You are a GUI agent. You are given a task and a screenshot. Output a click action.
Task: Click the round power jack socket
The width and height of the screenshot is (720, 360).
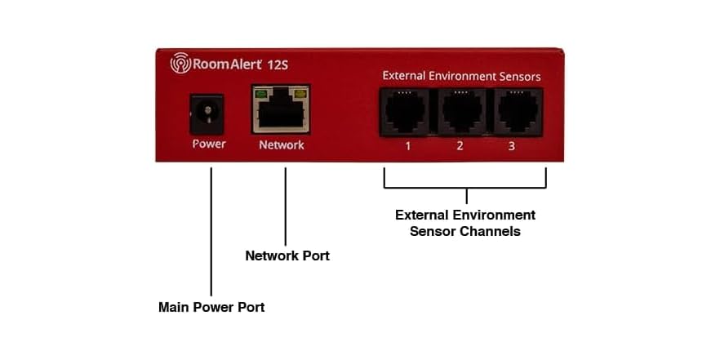[x=207, y=113]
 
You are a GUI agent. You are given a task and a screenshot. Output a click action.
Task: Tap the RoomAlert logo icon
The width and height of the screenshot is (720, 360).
[x=180, y=63]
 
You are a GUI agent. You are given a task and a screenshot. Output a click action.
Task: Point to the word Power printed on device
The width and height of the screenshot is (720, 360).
[x=208, y=144]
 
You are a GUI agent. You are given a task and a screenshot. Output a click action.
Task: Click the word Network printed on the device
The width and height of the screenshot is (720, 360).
[x=281, y=145]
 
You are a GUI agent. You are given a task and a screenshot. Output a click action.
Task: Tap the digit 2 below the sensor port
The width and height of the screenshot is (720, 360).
[x=460, y=147]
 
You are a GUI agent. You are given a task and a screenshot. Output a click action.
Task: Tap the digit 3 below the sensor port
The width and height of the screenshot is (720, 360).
[x=512, y=147]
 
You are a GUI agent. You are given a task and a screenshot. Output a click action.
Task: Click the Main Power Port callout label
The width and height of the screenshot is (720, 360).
[x=211, y=308]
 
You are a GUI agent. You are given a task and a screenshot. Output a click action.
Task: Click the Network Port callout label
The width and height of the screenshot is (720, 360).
[x=287, y=256]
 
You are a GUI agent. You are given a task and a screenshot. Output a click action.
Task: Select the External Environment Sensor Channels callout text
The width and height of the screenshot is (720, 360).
[x=465, y=223]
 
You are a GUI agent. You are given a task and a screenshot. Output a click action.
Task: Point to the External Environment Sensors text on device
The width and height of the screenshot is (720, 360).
[x=461, y=77]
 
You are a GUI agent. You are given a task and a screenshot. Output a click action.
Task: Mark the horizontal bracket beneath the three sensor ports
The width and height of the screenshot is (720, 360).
[x=465, y=187]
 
